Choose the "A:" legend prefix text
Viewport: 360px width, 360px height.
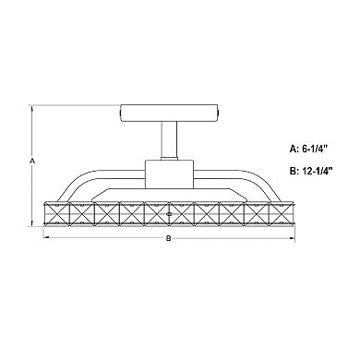point(270,146)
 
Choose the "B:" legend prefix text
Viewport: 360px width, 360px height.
point(270,171)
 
